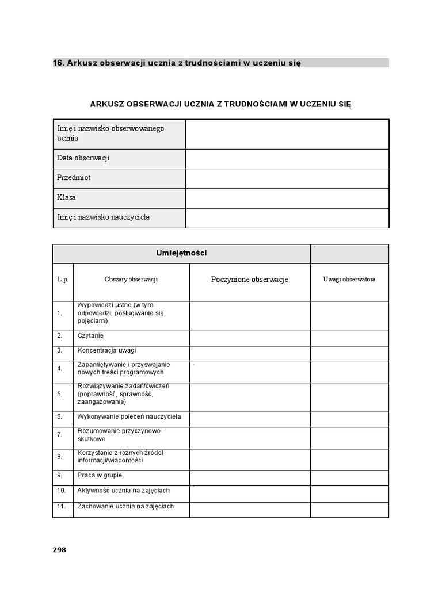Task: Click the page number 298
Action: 59,549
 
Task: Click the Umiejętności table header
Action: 181,253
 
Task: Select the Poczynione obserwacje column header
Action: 250,280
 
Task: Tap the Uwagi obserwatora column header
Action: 349,280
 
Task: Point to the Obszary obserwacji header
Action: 131,280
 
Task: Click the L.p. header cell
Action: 63,280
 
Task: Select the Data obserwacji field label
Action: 83,158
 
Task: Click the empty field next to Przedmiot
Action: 287,178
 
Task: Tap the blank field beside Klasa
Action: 287,197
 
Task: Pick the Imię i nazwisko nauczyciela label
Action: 104,217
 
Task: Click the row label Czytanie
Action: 90,335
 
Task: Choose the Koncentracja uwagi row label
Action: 106,350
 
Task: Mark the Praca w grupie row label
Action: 100,476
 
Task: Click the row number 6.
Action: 59,416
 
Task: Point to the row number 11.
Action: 62,507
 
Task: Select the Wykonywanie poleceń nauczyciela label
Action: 129,416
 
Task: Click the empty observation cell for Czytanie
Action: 250,338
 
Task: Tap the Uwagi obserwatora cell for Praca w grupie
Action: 349,478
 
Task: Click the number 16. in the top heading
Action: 59,62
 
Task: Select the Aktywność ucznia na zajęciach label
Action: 123,491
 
